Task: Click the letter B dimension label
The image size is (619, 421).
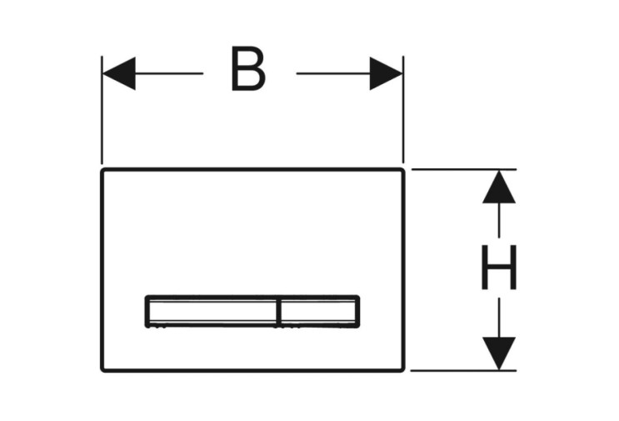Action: click(x=247, y=68)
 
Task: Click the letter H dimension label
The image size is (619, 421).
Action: click(x=499, y=267)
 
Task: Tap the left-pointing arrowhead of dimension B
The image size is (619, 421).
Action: click(x=119, y=73)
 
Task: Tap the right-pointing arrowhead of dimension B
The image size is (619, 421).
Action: click(x=386, y=73)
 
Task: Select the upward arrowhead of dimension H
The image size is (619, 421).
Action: click(x=499, y=187)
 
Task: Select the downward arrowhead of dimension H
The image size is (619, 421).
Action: click(x=499, y=353)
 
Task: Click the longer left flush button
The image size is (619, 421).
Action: click(x=212, y=311)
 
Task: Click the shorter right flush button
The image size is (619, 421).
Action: click(x=319, y=311)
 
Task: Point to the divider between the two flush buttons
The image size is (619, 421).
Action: click(x=279, y=312)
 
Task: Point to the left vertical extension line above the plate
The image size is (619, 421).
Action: click(x=102, y=110)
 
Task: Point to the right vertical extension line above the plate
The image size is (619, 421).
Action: click(x=403, y=109)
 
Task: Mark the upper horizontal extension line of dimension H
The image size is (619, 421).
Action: click(x=464, y=169)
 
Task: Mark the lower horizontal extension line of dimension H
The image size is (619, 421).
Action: click(x=463, y=371)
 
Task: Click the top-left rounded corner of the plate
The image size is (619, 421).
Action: click(x=103, y=170)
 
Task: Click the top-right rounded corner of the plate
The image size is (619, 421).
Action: click(x=402, y=170)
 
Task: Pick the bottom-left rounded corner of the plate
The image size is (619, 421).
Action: click(x=103, y=369)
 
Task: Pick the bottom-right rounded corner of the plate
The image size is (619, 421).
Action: click(x=402, y=369)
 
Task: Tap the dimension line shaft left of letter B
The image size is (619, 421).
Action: click(x=169, y=73)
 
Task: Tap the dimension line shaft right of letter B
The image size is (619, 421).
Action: click(x=333, y=73)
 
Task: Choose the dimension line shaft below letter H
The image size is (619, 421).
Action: click(x=499, y=318)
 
